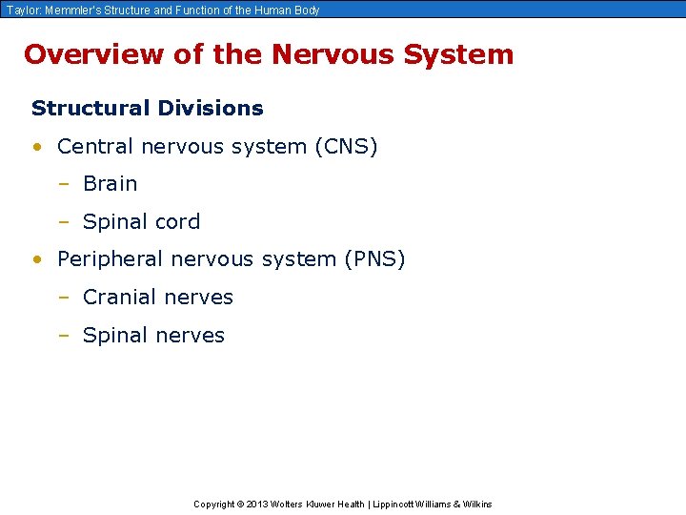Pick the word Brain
[x=111, y=184]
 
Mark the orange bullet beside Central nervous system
[x=36, y=148]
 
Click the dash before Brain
[x=64, y=184]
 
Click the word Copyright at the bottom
[x=215, y=504]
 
